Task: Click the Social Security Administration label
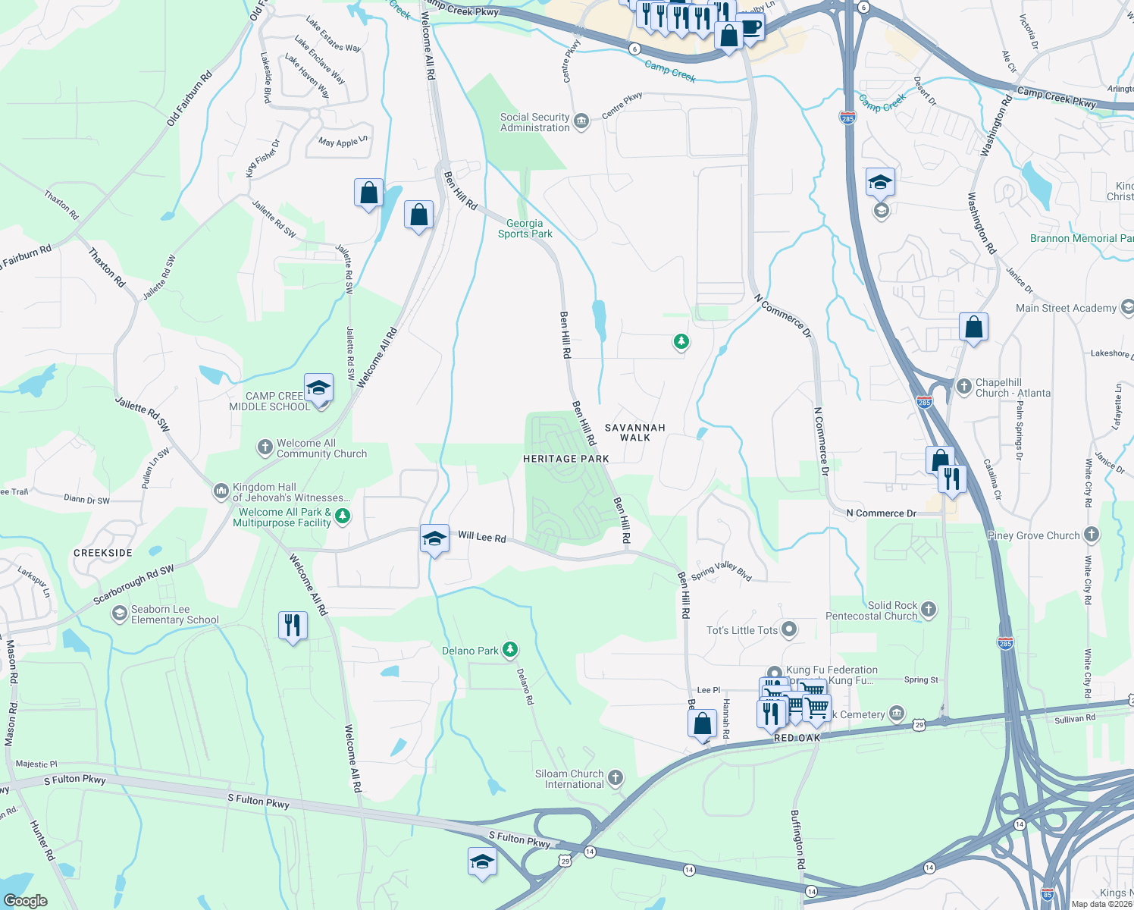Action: [534, 122]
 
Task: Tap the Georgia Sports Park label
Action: [525, 228]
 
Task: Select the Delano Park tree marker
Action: [511, 649]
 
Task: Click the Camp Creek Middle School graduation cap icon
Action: [318, 388]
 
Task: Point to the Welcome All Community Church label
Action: [321, 448]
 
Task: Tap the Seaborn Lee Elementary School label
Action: [174, 614]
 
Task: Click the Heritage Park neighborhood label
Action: [565, 459]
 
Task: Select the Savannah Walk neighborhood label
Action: [635, 432]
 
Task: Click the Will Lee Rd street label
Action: [482, 537]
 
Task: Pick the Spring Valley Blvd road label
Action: [721, 570]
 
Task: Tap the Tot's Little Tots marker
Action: [789, 629]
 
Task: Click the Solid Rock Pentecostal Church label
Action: [871, 610]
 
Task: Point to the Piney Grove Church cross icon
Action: [1091, 535]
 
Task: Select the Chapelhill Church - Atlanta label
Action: [1013, 388]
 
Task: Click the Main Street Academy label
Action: [1066, 308]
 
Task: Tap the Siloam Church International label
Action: [569, 779]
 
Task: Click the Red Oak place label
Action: [797, 738]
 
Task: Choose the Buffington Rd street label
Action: [797, 839]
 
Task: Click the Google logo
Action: [25, 900]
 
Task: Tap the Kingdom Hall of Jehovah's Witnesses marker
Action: [221, 491]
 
